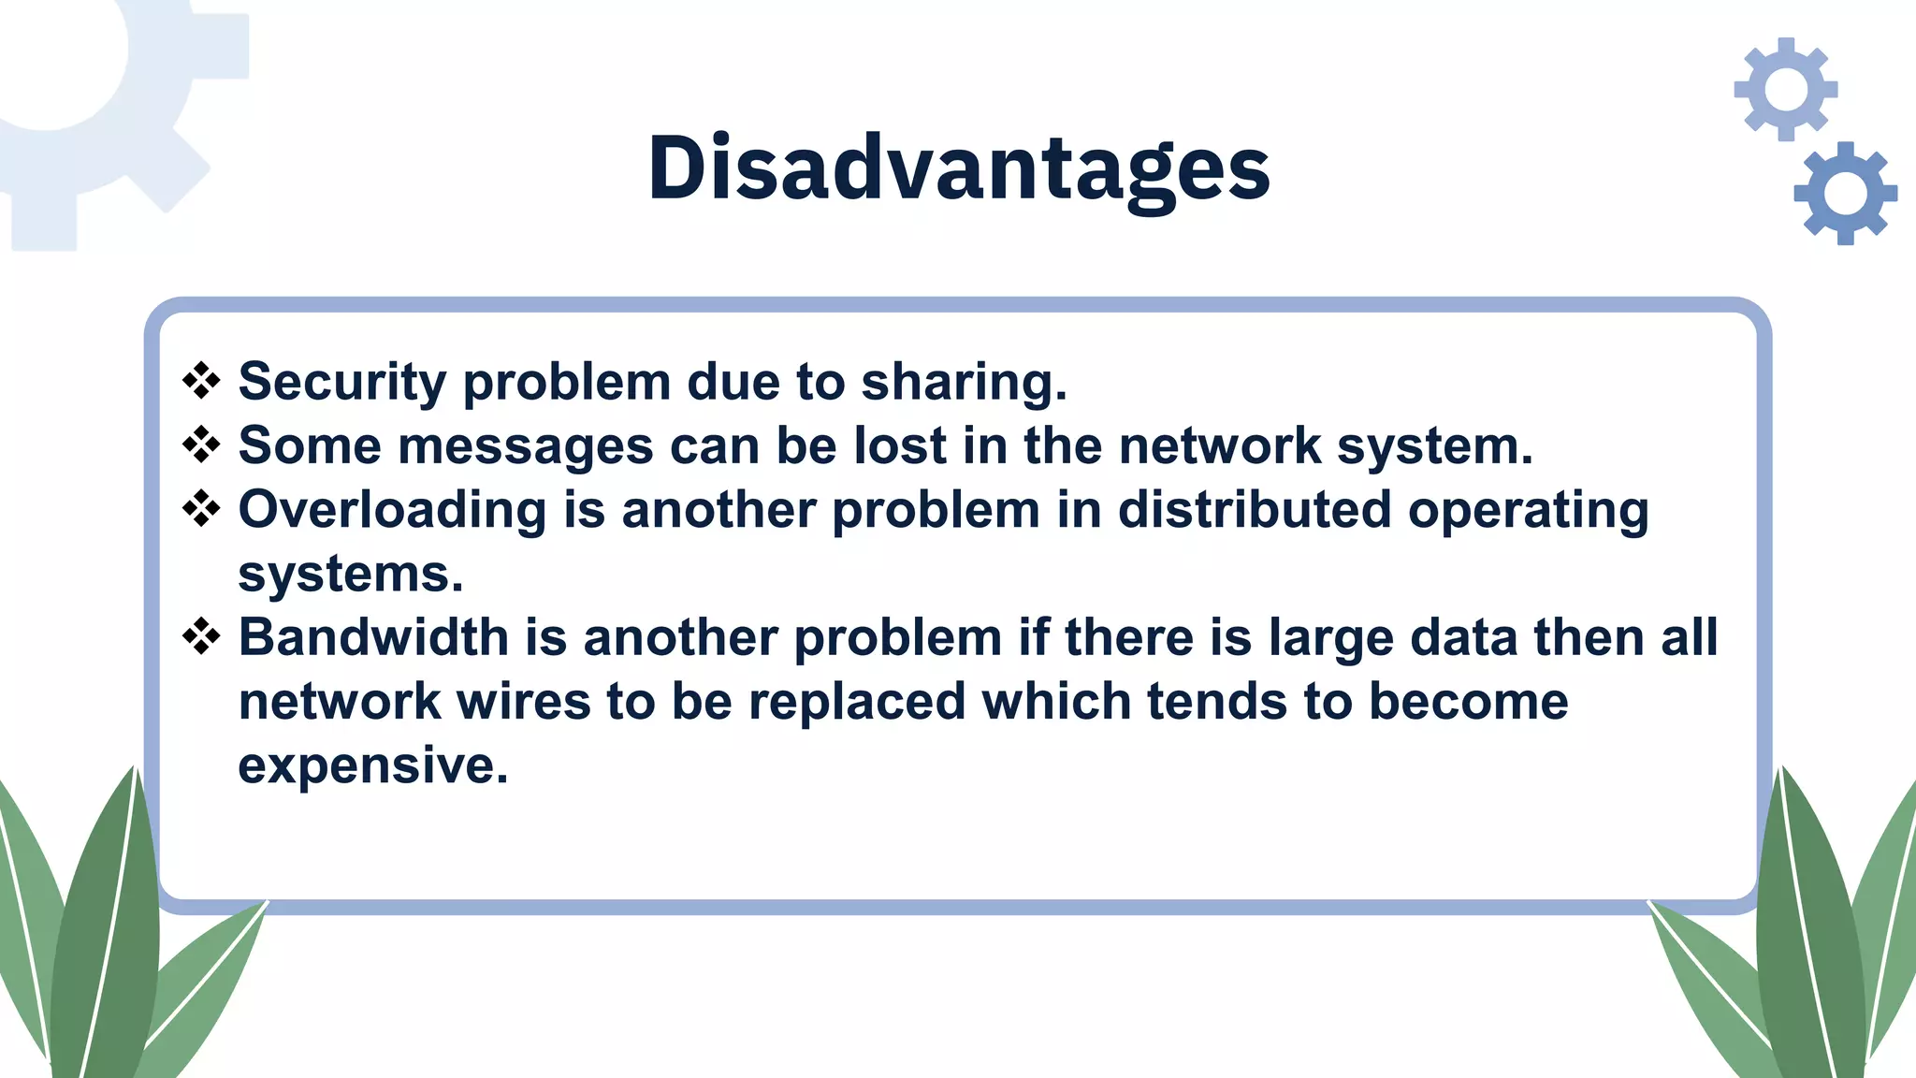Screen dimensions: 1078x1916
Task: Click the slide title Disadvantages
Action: (958, 168)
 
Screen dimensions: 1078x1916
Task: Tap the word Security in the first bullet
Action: (342, 382)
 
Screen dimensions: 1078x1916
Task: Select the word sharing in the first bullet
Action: (964, 382)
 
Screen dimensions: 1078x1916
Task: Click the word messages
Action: (525, 445)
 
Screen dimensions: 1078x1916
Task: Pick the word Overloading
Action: (392, 510)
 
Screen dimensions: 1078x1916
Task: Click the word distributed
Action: (1255, 510)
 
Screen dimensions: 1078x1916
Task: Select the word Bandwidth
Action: (373, 637)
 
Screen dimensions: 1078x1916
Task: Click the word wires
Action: (524, 701)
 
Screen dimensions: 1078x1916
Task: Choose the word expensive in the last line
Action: (372, 765)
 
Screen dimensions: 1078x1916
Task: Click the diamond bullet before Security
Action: (201, 381)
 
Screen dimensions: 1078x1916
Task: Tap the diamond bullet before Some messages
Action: (201, 444)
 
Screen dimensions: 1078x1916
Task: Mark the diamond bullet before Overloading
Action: (201, 509)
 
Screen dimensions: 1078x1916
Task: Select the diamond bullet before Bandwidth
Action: (201, 637)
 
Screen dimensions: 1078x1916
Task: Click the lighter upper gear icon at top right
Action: (1786, 89)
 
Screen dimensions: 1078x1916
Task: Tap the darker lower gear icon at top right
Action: (1845, 194)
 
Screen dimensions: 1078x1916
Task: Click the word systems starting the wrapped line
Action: (350, 574)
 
